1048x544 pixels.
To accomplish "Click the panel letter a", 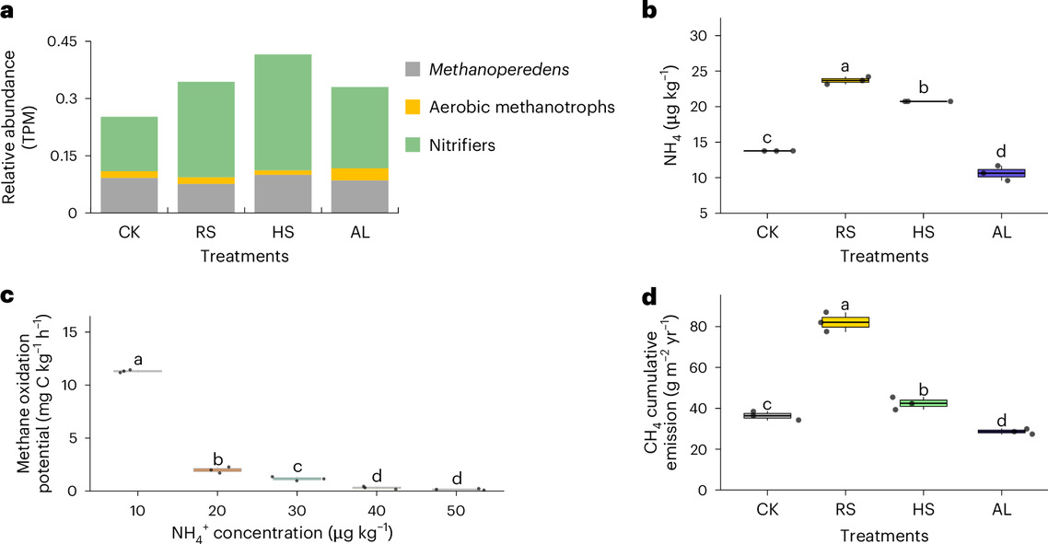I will click(x=8, y=11).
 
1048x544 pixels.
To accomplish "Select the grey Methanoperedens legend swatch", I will click(x=413, y=69).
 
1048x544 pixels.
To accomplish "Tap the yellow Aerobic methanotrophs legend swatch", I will click(x=413, y=108).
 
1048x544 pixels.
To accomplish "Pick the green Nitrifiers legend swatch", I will click(x=413, y=145).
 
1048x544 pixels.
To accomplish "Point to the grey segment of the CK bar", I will click(x=129, y=195).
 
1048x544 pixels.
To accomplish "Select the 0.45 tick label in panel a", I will click(x=72, y=40).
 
